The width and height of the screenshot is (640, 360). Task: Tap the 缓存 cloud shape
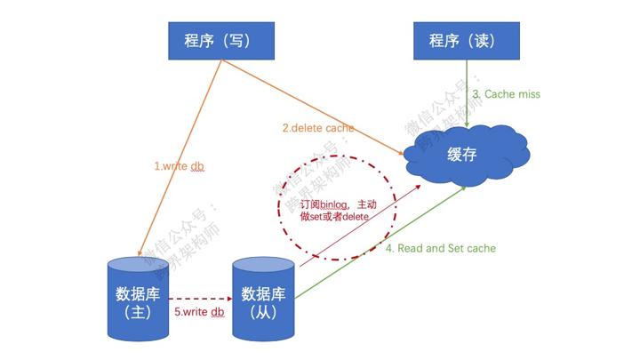463,154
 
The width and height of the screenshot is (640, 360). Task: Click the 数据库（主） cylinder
138,300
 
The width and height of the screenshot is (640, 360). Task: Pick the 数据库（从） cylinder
262,300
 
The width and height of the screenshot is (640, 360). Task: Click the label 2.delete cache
318,128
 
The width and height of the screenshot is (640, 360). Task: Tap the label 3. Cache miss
506,93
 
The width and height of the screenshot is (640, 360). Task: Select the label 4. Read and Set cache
440,248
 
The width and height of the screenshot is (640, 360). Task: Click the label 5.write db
200,312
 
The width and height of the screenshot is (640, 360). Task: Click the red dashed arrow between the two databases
200,299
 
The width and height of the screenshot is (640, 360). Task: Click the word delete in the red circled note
353,217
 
